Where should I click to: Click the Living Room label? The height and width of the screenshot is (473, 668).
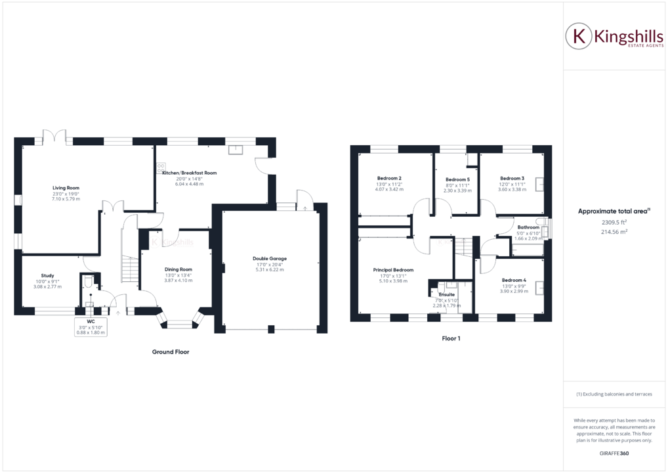[66, 187]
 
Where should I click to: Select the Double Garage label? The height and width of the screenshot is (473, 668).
[269, 258]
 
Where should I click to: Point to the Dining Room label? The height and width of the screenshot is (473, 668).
[178, 269]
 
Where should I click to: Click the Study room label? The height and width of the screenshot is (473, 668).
[47, 275]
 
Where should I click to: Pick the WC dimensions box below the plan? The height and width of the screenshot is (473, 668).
[91, 328]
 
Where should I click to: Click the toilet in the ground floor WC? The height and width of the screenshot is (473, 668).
[89, 282]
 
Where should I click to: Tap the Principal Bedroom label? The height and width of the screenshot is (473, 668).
[393, 270]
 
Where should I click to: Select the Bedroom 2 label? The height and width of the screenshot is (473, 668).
[389, 179]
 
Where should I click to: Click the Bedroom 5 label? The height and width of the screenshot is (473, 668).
[457, 179]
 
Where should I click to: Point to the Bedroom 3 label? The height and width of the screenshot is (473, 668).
[512, 179]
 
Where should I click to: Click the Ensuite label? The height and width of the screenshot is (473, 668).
[446, 294]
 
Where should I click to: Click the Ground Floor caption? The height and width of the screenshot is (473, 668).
[171, 352]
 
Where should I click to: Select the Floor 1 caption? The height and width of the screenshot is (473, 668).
[451, 339]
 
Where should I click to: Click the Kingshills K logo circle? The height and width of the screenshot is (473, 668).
[579, 36]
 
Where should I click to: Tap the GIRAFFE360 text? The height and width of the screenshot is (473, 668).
[615, 454]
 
